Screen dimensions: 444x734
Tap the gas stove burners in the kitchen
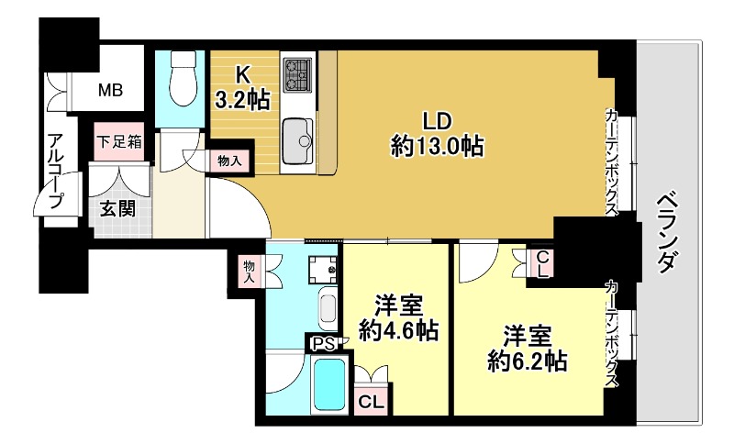[x=297, y=74]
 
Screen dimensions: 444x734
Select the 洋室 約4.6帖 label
[x=395, y=317]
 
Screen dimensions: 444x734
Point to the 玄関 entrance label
[x=117, y=208]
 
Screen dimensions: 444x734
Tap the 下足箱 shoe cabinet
[x=121, y=142]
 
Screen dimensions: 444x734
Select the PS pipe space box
[x=322, y=344]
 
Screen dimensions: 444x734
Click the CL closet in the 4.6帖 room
[x=371, y=400]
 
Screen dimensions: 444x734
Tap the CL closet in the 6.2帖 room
[x=542, y=263]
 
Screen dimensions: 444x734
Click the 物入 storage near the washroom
[x=249, y=270]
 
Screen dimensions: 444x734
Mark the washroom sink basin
[x=328, y=308]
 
